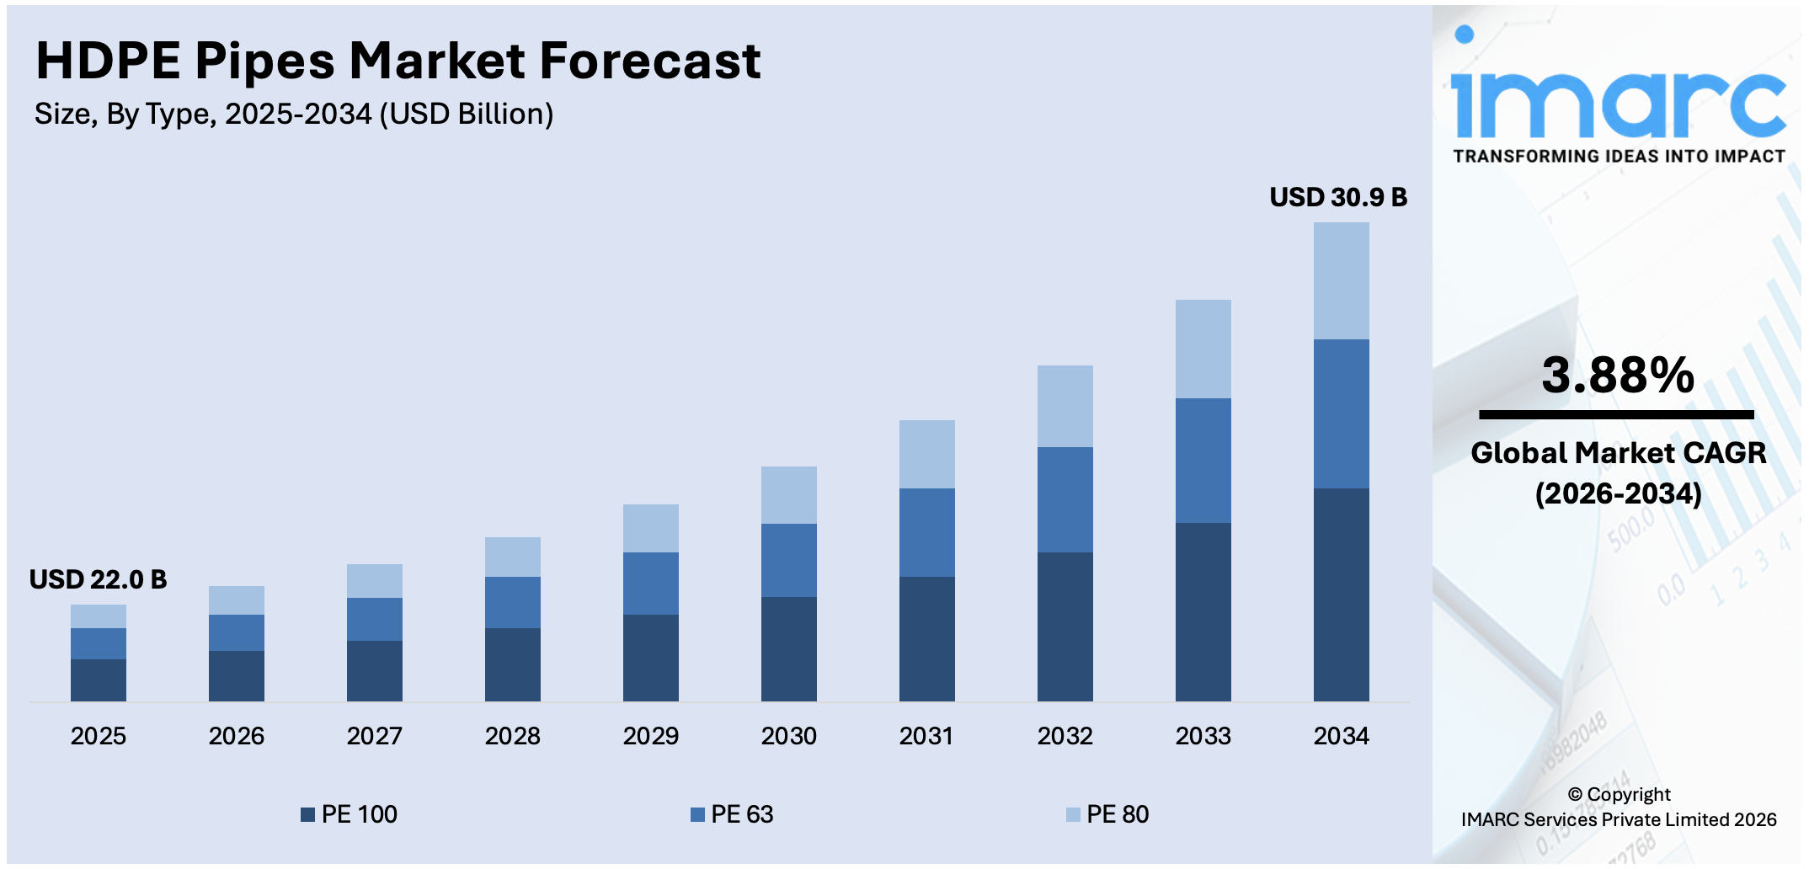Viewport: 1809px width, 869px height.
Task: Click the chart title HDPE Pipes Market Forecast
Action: (398, 61)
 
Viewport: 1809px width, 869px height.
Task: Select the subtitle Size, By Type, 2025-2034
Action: (294, 114)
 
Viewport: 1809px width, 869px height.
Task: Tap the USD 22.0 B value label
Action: (98, 579)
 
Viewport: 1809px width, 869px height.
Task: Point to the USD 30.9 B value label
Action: (1337, 197)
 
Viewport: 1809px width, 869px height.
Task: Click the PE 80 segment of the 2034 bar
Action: (1341, 280)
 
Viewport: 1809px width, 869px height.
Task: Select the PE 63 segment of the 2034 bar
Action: (1341, 413)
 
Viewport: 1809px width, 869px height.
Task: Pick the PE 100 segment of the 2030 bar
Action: (788, 648)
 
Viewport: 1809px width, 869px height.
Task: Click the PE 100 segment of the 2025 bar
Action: (99, 680)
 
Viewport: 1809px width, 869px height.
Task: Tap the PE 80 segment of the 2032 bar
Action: (1065, 406)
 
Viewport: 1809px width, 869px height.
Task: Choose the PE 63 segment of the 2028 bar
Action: (512, 602)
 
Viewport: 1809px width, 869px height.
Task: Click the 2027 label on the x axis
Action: (374, 736)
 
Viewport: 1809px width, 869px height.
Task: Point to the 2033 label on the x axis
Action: (1203, 736)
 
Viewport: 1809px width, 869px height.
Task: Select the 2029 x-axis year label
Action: (650, 736)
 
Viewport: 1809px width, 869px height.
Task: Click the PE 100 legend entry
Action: (350, 814)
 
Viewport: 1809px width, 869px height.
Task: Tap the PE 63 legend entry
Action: (732, 814)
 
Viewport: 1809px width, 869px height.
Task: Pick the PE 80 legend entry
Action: (1107, 814)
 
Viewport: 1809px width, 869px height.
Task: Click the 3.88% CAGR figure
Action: (1617, 376)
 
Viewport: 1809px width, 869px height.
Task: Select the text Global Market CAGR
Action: (1618, 453)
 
